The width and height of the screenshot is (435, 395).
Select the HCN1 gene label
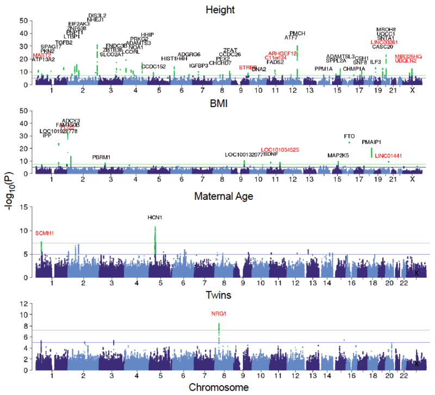point(155,218)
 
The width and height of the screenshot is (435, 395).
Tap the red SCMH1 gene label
point(45,233)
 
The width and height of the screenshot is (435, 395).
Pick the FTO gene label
point(349,136)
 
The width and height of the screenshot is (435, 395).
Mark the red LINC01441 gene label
point(389,156)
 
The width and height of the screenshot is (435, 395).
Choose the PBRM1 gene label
point(101,158)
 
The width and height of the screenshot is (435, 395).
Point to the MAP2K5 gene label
point(338,156)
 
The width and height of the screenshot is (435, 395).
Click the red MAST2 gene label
point(42,55)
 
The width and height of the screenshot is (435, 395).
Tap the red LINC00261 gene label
point(384,42)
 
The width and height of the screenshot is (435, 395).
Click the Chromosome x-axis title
point(217,387)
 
